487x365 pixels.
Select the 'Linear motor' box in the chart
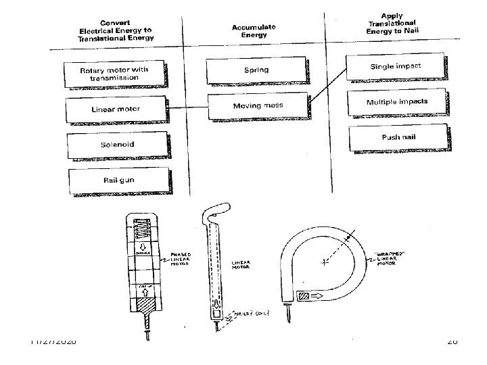click(116, 108)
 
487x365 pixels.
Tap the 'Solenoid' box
click(117, 144)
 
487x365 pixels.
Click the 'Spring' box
click(256, 70)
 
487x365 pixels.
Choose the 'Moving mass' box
click(257, 105)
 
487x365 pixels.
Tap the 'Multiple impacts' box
click(396, 102)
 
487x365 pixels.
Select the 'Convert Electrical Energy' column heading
click(116, 30)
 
